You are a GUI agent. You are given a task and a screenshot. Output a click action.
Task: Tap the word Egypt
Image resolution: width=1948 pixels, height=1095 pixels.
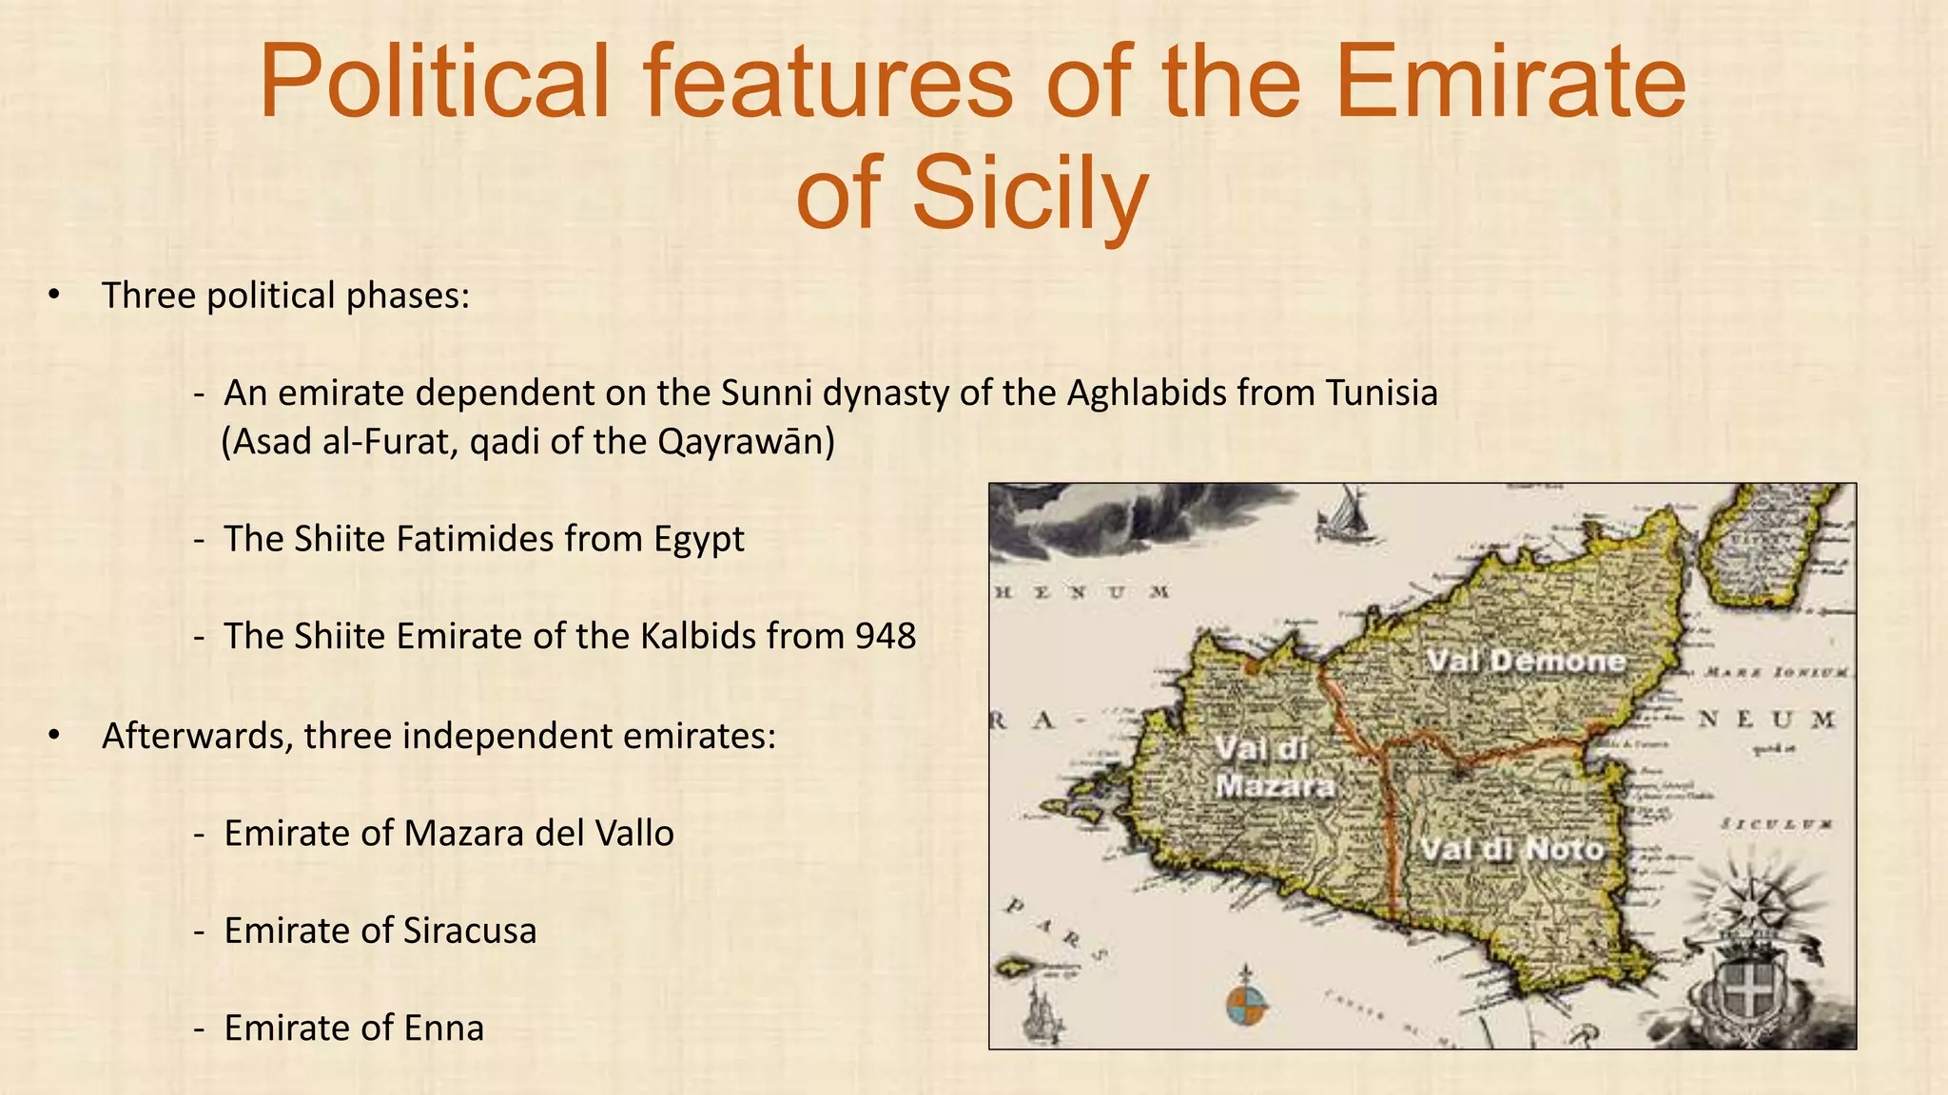pyautogui.click(x=699, y=540)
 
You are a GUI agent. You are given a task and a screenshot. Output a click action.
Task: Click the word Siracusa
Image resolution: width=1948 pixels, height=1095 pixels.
pyautogui.click(x=470, y=931)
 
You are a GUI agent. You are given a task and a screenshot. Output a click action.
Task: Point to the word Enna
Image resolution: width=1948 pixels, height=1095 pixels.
pyautogui.click(x=444, y=1028)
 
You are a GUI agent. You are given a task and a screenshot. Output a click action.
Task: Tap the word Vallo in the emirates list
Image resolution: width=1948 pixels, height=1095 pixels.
pyautogui.click(x=633, y=834)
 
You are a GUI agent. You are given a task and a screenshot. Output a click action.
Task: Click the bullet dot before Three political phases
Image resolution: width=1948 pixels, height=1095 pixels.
pyautogui.click(x=54, y=295)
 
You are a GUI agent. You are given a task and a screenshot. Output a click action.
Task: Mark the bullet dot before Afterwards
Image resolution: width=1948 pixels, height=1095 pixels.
pyautogui.click(x=54, y=735)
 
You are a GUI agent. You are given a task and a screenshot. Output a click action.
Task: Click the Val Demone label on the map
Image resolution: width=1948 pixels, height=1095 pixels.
pyautogui.click(x=1526, y=661)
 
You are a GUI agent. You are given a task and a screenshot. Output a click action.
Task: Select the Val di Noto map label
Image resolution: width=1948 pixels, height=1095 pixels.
pyautogui.click(x=1512, y=849)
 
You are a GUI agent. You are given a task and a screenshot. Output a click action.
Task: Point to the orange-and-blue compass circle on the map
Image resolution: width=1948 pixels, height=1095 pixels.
pyautogui.click(x=1246, y=1007)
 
